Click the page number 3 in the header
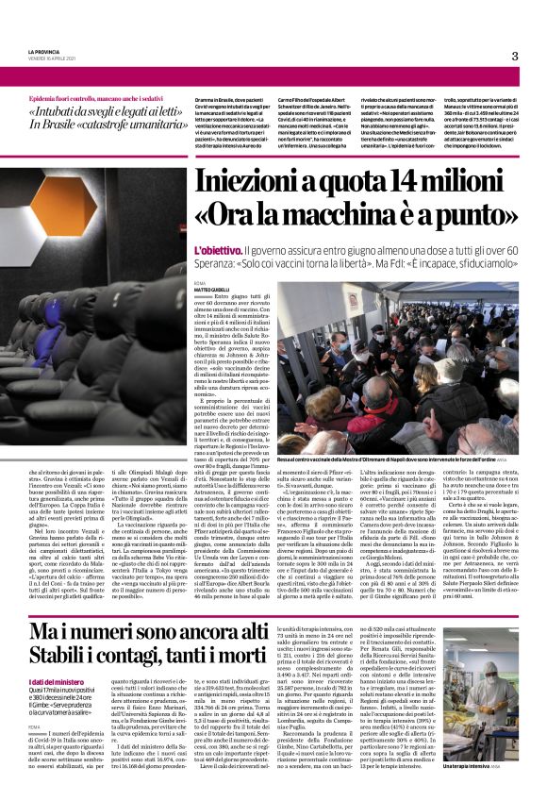pos(515,56)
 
